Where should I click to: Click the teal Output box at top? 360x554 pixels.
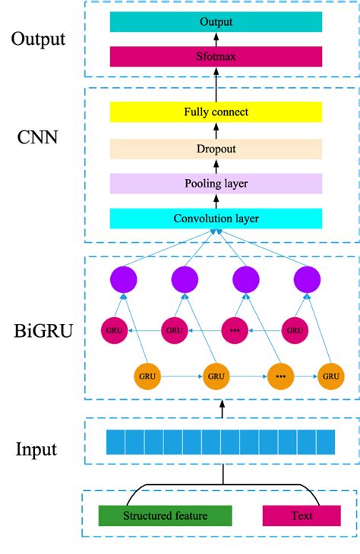tap(216, 22)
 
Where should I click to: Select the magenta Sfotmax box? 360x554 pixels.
tap(216, 57)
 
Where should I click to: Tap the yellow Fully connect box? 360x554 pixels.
tap(216, 112)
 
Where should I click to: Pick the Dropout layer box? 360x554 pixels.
tap(216, 149)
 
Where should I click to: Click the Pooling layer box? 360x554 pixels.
tap(216, 184)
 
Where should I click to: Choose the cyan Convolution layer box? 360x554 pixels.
tap(216, 219)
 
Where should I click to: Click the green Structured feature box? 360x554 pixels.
tap(165, 516)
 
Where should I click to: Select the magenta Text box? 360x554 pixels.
tap(302, 516)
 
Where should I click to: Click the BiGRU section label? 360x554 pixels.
tap(43, 331)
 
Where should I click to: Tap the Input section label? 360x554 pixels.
tap(36, 449)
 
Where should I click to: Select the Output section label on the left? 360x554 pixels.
tap(39, 38)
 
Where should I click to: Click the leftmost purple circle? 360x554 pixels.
tap(124, 279)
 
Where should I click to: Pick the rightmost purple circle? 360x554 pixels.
tap(307, 279)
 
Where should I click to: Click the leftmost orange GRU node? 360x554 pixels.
tap(147, 376)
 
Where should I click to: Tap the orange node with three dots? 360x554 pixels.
tap(279, 376)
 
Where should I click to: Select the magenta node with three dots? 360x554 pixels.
tap(235, 331)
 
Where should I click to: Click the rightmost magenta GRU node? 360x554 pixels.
tap(294, 331)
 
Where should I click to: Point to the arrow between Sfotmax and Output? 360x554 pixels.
tap(216, 39)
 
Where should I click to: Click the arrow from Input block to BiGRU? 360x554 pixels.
tap(222, 409)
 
